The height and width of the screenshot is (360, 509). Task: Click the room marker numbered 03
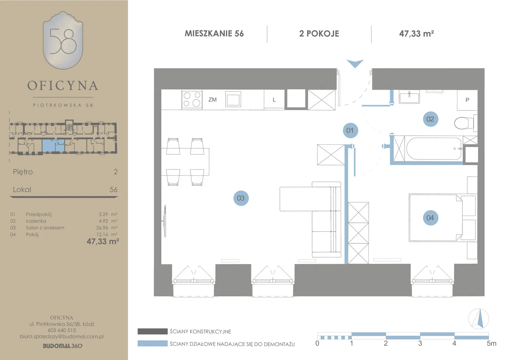tap(241, 198)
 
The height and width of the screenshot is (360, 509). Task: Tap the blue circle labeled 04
tap(430, 218)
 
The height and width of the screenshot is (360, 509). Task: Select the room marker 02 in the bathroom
tap(430, 119)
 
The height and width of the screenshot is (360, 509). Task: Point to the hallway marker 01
tap(350, 131)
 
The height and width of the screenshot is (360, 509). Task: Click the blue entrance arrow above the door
tap(355, 63)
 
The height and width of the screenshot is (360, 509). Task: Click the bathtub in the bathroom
tap(434, 149)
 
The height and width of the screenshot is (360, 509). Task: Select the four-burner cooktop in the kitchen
tap(192, 99)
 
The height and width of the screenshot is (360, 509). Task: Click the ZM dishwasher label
tap(213, 100)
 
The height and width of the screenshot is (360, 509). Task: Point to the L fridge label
tap(274, 100)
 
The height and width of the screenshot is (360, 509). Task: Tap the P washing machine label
tap(467, 100)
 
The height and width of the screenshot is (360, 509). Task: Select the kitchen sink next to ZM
tap(233, 99)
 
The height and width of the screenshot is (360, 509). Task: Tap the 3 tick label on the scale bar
tap(420, 343)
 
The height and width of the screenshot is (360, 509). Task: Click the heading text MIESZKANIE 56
tap(214, 34)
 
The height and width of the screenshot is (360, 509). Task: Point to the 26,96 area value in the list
tap(102, 228)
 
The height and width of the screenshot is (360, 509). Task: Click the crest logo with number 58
tap(63, 40)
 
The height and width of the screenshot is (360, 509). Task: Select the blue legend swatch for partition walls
tap(153, 343)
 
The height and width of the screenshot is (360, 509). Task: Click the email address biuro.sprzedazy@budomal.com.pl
tap(62, 337)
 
